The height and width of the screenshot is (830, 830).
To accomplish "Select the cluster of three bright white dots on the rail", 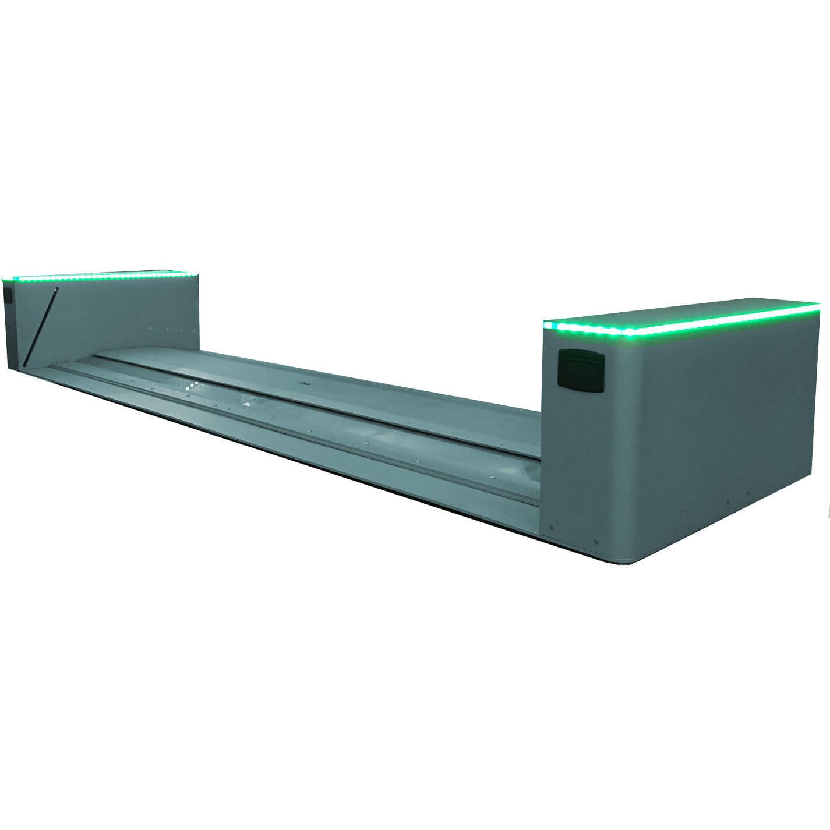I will tap(192, 387).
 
